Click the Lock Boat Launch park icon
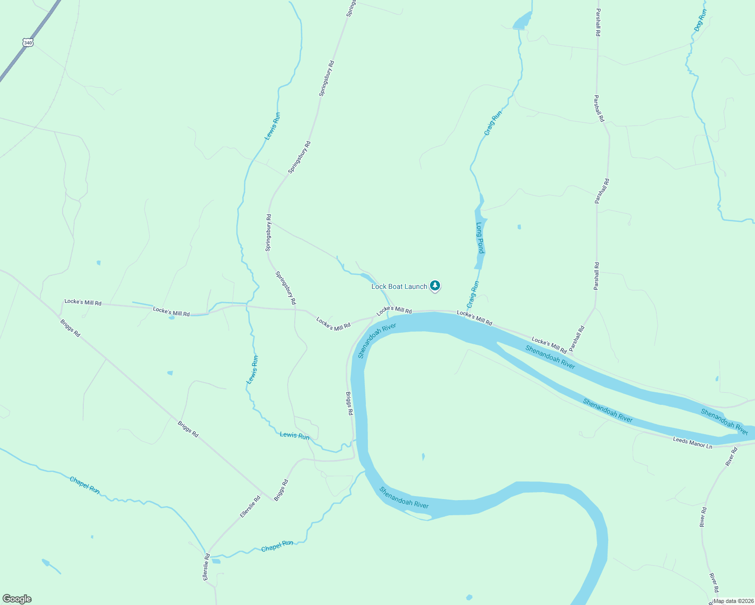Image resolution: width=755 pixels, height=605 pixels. tap(435, 286)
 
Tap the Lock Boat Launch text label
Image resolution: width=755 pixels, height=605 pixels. tap(399, 286)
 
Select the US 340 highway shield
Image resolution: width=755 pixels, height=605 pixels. tap(28, 43)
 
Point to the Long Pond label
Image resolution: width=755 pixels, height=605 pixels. tap(480, 238)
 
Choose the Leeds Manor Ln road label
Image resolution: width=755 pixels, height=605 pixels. tap(692, 443)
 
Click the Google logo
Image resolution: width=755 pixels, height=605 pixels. tap(17, 599)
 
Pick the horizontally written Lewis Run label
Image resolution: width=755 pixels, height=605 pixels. tap(295, 436)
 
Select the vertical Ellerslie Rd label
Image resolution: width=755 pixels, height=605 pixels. tap(206, 567)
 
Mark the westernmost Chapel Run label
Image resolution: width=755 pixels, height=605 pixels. tap(84, 485)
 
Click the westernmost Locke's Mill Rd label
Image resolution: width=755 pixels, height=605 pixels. tap(83, 302)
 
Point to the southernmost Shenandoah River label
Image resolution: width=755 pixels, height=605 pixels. tap(404, 497)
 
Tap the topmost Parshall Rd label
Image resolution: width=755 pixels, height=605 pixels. tap(598, 22)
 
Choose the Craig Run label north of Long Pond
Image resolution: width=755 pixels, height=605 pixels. tap(493, 123)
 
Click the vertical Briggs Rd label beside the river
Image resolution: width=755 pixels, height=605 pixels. tap(349, 403)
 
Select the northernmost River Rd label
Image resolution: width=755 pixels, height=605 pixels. tap(731, 457)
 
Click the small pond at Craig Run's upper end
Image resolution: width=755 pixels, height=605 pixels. tap(522, 21)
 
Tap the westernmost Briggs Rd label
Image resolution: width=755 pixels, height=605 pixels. tap(70, 328)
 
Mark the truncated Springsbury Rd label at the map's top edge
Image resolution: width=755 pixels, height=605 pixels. tap(351, 9)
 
